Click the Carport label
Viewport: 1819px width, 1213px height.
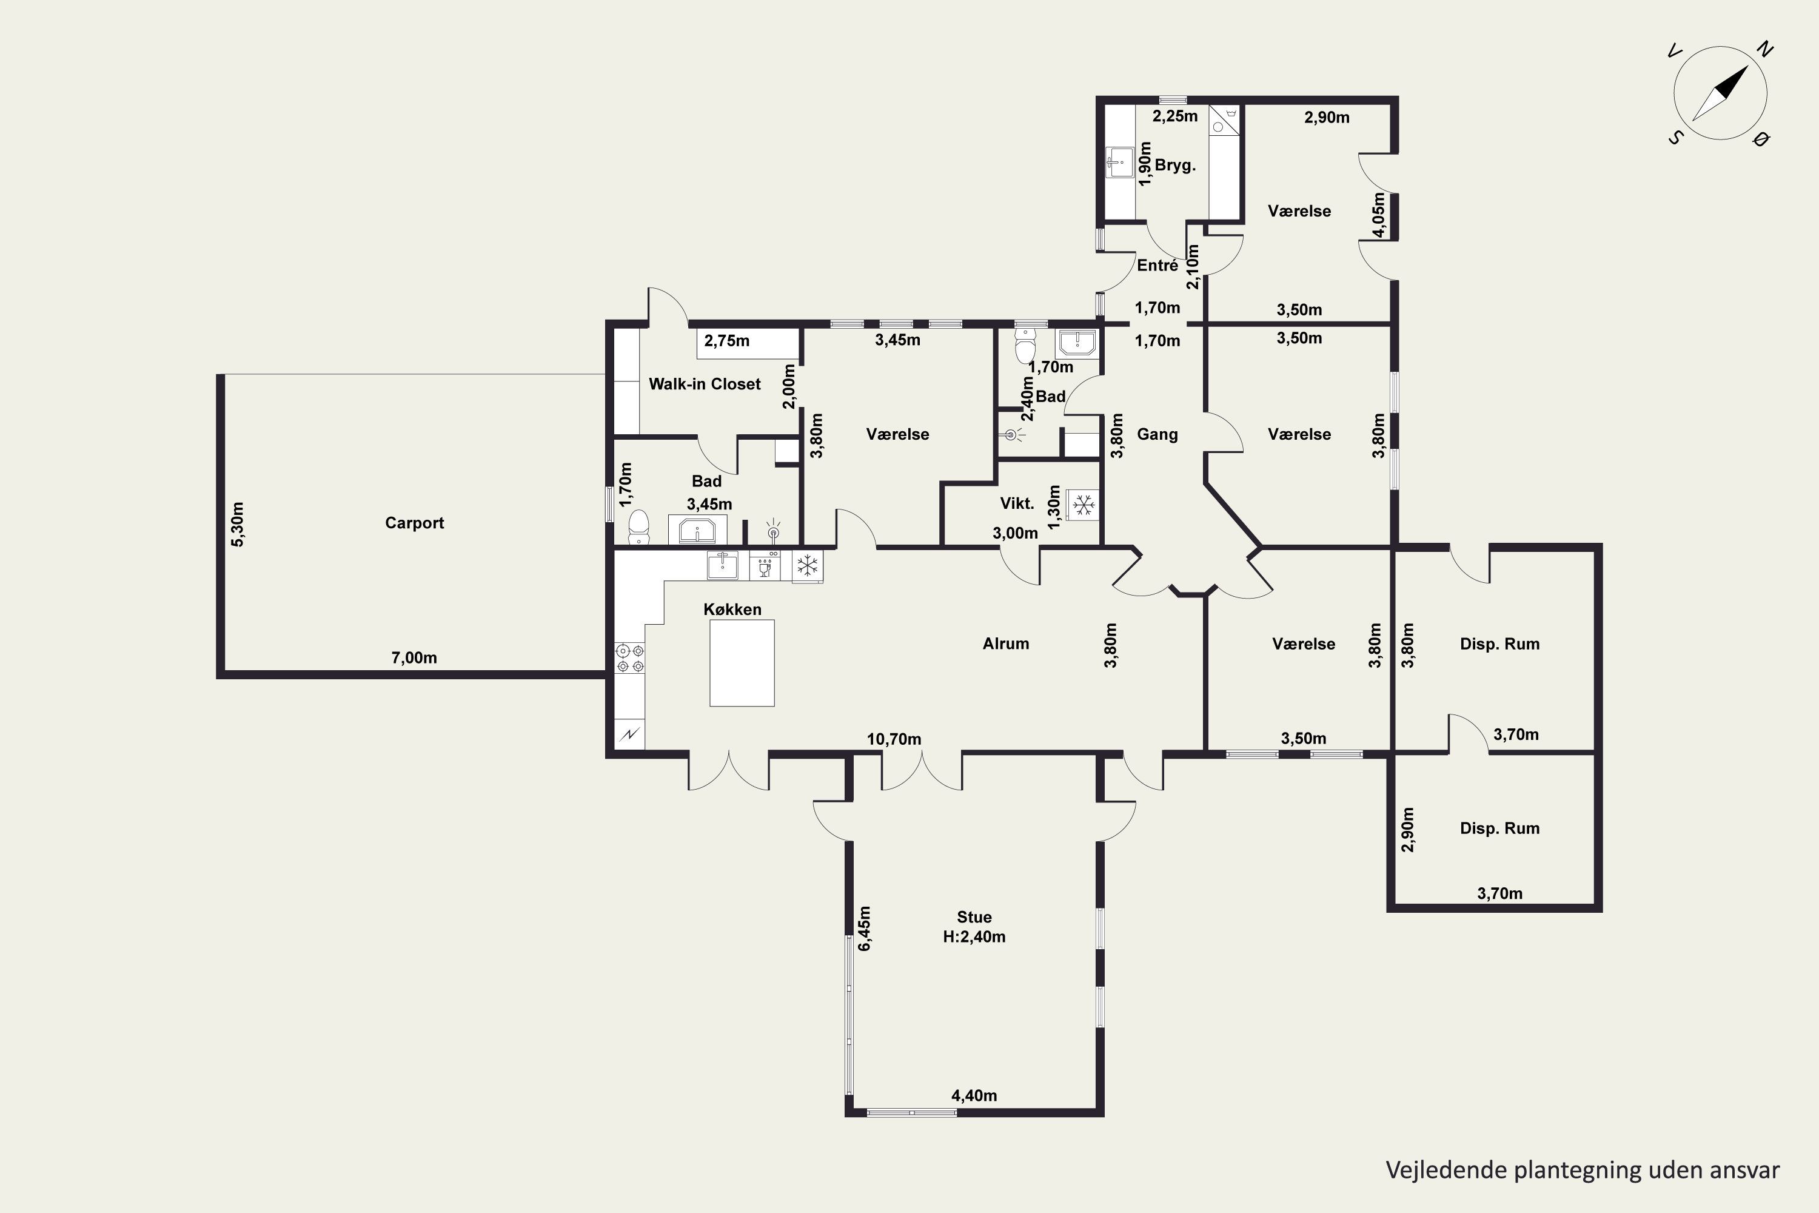[x=415, y=523]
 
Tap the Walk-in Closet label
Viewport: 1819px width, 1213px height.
[x=705, y=384]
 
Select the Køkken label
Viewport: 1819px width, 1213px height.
[x=732, y=610]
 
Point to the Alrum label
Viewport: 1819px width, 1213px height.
[x=1005, y=643]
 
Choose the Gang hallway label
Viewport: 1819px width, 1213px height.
[x=1157, y=435]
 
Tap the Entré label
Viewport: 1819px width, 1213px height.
[x=1157, y=266]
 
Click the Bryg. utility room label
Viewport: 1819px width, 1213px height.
[x=1175, y=166]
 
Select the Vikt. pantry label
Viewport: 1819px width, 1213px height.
[x=1017, y=503]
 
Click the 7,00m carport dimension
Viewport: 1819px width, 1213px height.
[x=414, y=658]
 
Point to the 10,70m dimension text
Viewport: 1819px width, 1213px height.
[x=894, y=739]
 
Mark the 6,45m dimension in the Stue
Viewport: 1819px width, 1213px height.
[x=864, y=929]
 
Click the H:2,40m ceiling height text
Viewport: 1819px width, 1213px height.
[x=974, y=937]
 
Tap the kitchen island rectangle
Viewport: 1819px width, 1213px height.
[x=742, y=663]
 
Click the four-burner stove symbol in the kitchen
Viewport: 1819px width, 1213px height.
[x=629, y=658]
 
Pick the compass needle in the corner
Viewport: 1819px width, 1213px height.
[x=1720, y=93]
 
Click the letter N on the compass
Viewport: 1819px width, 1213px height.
[x=1765, y=50]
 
